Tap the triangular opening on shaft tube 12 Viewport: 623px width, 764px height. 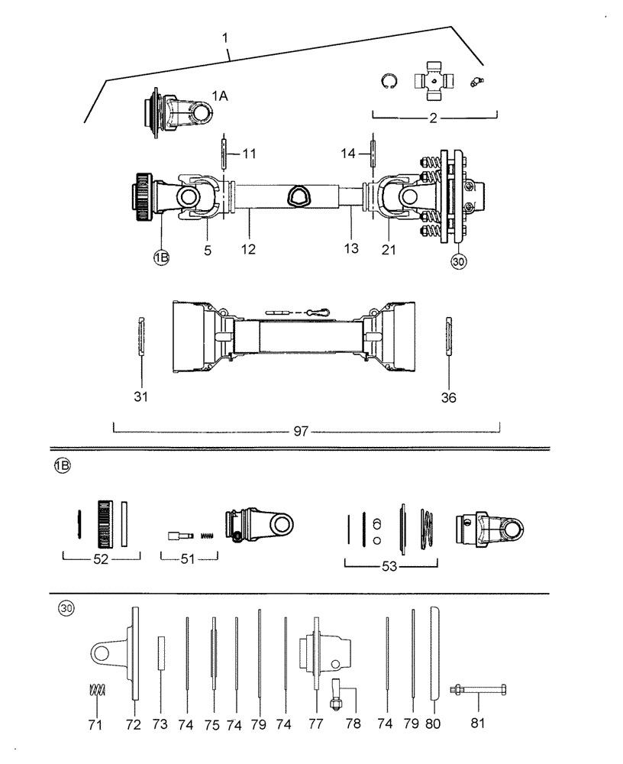point(299,198)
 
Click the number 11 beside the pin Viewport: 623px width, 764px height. point(249,154)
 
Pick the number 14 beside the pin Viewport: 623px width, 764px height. point(349,154)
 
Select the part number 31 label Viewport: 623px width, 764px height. point(141,397)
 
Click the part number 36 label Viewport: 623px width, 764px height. point(448,397)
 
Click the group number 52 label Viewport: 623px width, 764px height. point(101,559)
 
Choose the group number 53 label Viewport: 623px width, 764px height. point(390,566)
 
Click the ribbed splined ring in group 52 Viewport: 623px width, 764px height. point(105,523)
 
